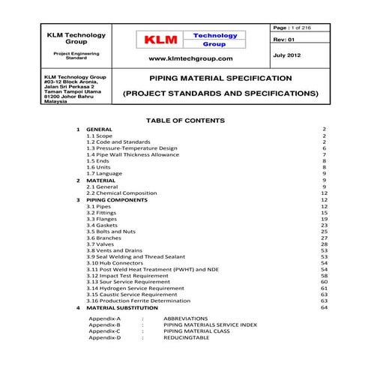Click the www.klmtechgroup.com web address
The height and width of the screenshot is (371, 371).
tap(190, 58)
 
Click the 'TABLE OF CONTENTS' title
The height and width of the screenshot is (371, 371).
tap(185, 120)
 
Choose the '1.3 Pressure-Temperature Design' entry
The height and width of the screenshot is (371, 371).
tap(131, 148)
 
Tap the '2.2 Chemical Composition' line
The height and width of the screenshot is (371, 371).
tap(121, 193)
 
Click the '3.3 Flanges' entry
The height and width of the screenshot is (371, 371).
tap(103, 219)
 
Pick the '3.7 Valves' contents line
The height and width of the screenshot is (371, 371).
tap(101, 244)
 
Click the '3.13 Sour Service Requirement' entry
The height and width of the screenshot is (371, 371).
tap(127, 282)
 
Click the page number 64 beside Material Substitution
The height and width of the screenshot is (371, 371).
tap(324, 307)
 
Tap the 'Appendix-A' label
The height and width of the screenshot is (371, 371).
tap(104, 319)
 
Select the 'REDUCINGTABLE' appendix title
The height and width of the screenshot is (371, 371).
tap(187, 338)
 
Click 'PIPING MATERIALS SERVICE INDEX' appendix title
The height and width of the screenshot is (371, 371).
tap(210, 325)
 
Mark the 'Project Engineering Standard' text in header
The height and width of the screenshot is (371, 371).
tap(75, 55)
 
